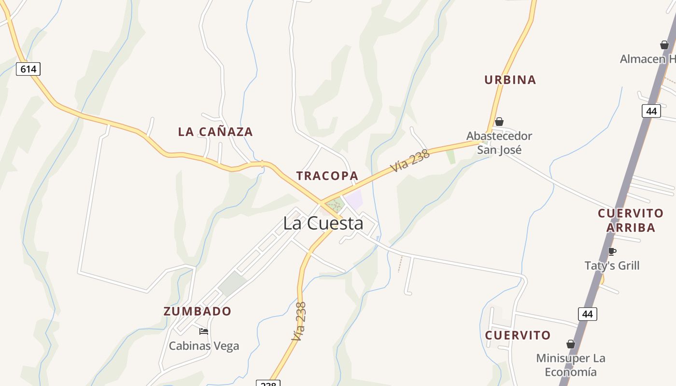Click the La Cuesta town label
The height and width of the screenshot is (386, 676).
323,223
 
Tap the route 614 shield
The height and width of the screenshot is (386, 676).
28,69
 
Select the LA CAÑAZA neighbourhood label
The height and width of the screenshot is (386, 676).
215,132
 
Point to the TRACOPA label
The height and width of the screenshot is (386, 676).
327,176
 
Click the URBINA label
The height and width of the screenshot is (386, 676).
510,80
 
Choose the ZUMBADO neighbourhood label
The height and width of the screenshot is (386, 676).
197,311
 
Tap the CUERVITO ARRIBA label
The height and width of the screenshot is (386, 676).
631,220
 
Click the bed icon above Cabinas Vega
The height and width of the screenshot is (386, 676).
204,331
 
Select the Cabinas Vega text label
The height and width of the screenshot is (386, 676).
204,346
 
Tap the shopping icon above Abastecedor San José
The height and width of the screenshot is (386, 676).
499,122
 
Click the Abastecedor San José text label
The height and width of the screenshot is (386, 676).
499,143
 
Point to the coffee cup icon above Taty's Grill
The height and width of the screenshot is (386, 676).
612,251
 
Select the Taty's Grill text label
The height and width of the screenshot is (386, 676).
612,266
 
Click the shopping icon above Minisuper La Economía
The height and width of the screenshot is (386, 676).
571,344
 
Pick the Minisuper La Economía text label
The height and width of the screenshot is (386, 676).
571,365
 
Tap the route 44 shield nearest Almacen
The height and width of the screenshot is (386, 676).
651,111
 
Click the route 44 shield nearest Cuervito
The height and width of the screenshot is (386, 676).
587,314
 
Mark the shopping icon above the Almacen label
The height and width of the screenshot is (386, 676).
664,45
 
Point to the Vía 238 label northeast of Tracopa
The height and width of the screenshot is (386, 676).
410,161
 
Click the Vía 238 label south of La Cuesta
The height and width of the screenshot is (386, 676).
299,321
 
